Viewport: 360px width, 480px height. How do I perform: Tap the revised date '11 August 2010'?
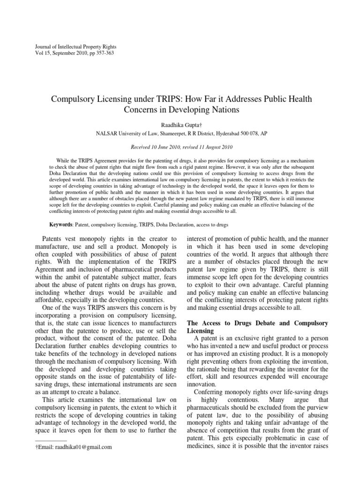[214, 146]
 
